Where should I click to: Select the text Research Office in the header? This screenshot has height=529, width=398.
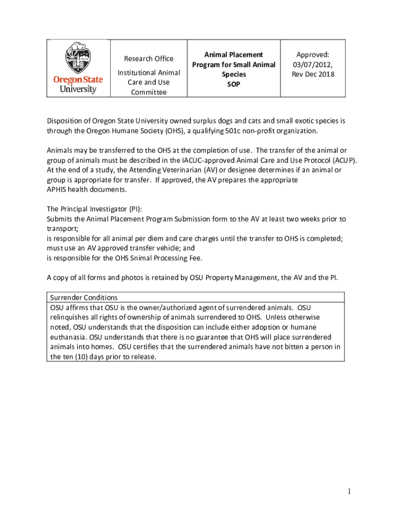pyautogui.click(x=149, y=58)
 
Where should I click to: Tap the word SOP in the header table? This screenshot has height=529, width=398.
pyautogui.click(x=234, y=84)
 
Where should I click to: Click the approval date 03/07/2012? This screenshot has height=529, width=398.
pyautogui.click(x=313, y=64)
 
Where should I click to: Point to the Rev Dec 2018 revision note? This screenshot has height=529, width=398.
pyautogui.click(x=313, y=74)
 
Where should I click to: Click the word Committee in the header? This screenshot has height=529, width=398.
pyautogui.click(x=149, y=92)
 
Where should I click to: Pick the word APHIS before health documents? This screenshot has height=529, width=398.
pyautogui.click(x=57, y=190)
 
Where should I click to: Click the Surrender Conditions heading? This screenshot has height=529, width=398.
pyautogui.click(x=84, y=298)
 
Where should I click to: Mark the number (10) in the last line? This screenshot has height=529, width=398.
pyautogui.click(x=82, y=356)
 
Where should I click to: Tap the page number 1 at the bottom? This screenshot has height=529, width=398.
pyautogui.click(x=349, y=491)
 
